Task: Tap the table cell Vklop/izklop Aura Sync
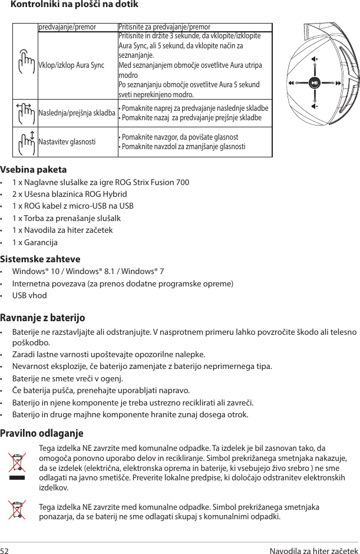click(71, 64)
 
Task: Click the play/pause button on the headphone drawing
click(315, 82)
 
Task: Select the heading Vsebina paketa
click(34, 170)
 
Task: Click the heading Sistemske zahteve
click(41, 259)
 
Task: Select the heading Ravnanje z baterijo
click(43, 318)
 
